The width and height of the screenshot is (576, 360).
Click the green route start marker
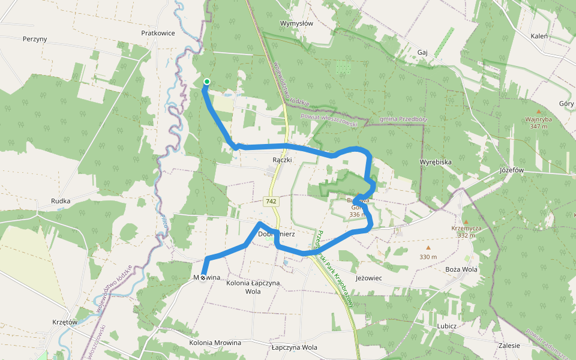(x=206, y=82)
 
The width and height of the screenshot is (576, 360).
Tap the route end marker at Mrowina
(x=203, y=277)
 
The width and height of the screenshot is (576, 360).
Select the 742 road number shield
(x=271, y=202)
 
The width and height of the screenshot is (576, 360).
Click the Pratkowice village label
(x=158, y=33)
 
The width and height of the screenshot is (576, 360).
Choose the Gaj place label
(x=422, y=52)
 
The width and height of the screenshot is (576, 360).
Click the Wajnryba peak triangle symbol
(x=538, y=112)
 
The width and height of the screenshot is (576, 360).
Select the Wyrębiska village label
(x=435, y=163)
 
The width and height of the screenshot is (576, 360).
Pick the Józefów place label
(x=512, y=170)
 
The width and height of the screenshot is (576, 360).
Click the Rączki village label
(x=282, y=160)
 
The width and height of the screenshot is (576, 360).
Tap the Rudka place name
(x=61, y=201)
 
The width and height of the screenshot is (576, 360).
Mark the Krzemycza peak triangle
(x=466, y=222)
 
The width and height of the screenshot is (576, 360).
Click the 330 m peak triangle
(x=428, y=247)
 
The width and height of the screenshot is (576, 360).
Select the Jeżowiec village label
(x=368, y=278)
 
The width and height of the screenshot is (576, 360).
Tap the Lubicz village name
(x=447, y=326)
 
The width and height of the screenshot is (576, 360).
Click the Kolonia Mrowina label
(x=215, y=343)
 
